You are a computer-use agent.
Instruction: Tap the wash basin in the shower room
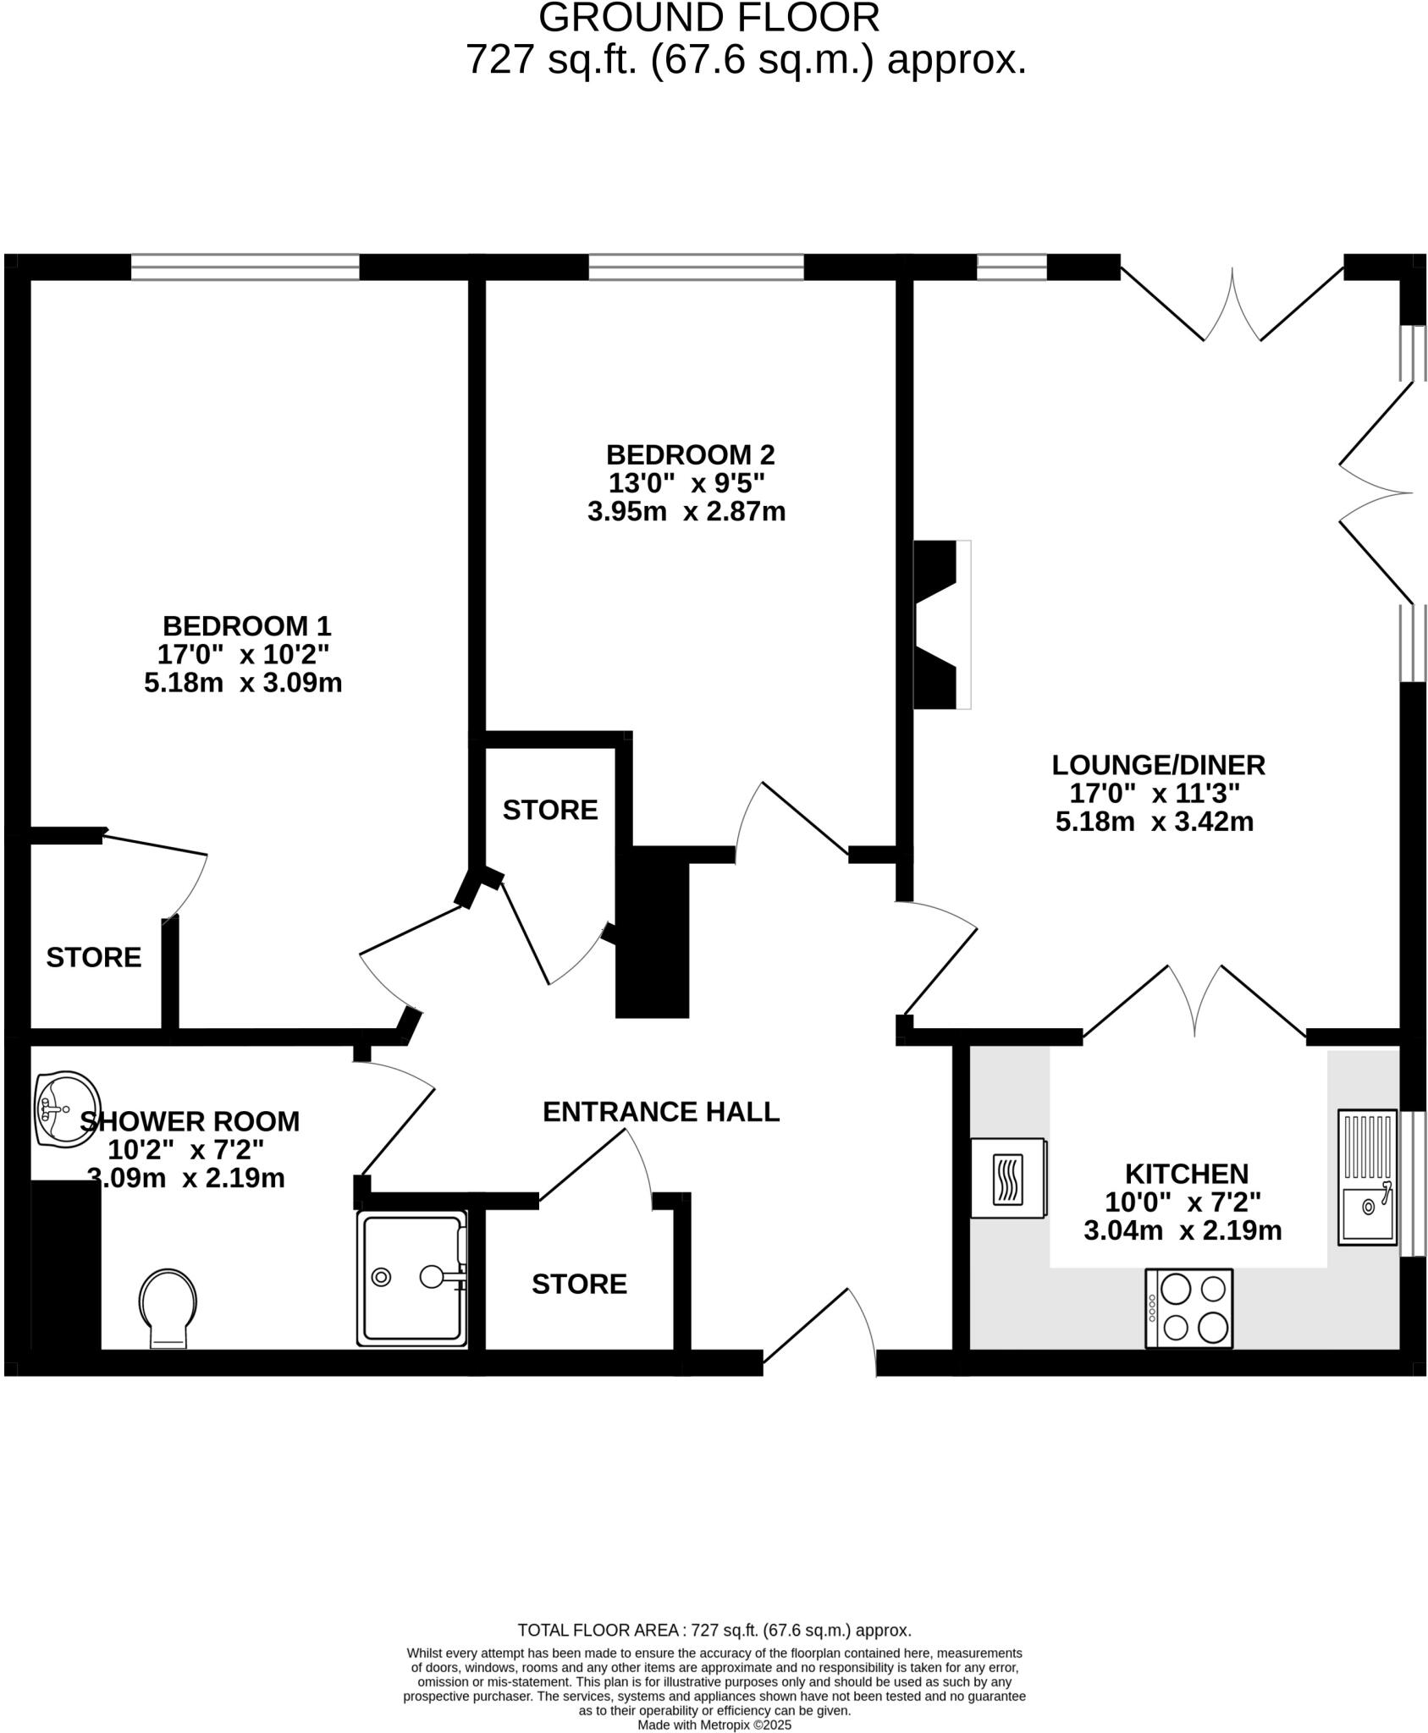pos(66,1109)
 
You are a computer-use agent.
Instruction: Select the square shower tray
pos(412,1278)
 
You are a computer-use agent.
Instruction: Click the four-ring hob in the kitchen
pos(1188,1307)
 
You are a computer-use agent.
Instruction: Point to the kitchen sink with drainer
pos(1367,1177)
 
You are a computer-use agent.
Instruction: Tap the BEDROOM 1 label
pos(246,626)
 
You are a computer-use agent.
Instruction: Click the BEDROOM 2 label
pos(690,455)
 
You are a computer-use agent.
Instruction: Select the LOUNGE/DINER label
pos(1158,765)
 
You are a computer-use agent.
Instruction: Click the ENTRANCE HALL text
pos(660,1112)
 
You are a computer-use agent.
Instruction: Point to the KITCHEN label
pos(1186,1174)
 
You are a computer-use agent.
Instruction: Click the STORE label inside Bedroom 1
pos(93,957)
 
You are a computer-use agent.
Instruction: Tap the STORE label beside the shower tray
pos(579,1284)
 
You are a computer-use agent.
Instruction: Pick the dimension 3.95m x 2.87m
pos(686,512)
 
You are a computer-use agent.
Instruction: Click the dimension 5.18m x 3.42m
pos(1154,822)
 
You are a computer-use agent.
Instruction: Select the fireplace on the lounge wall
pos(941,624)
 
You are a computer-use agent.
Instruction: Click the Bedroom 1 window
pos(245,267)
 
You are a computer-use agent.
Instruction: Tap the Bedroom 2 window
pos(696,267)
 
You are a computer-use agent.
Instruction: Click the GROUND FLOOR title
pos(708,19)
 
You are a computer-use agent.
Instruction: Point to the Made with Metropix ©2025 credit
pos(714,1725)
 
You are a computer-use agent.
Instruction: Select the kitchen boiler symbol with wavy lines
pos(1007,1179)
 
